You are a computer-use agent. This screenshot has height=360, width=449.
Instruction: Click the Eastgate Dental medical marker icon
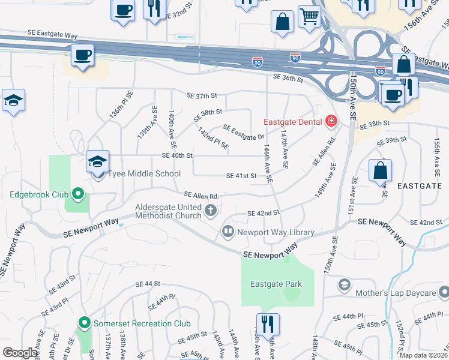coord(330,122)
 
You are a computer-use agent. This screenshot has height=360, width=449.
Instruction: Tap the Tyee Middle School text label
coord(144,174)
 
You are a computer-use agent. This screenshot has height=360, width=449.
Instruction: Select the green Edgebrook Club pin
coord(77,194)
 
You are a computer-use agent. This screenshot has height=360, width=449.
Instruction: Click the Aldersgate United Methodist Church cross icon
coord(210,210)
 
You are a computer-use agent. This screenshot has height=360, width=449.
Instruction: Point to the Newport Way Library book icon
coord(228,231)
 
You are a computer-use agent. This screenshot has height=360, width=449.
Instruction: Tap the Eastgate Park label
coord(276,284)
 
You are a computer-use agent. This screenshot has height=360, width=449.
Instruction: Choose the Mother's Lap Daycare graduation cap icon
coord(345,284)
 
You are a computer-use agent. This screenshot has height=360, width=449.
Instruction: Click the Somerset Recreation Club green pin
coord(85,323)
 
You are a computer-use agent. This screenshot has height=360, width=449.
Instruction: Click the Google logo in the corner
coord(20,353)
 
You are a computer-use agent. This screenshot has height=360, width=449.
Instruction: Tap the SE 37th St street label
coord(201,96)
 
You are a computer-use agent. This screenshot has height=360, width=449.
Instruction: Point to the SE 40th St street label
coord(177,155)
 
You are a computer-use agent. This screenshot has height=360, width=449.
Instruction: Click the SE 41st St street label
coord(241,176)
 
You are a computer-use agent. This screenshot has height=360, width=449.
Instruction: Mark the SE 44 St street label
coord(148,283)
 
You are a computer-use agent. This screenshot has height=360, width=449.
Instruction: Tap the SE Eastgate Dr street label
coord(244,133)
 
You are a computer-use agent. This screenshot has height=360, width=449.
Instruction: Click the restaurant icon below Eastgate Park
coord(268,325)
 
